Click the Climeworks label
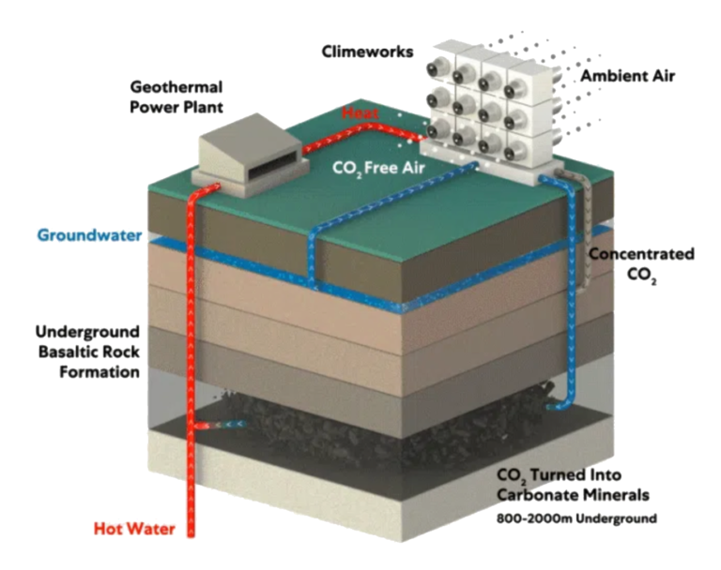367,52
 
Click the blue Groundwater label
89,234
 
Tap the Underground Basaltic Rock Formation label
87,352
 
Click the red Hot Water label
134,529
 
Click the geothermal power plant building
246,154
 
